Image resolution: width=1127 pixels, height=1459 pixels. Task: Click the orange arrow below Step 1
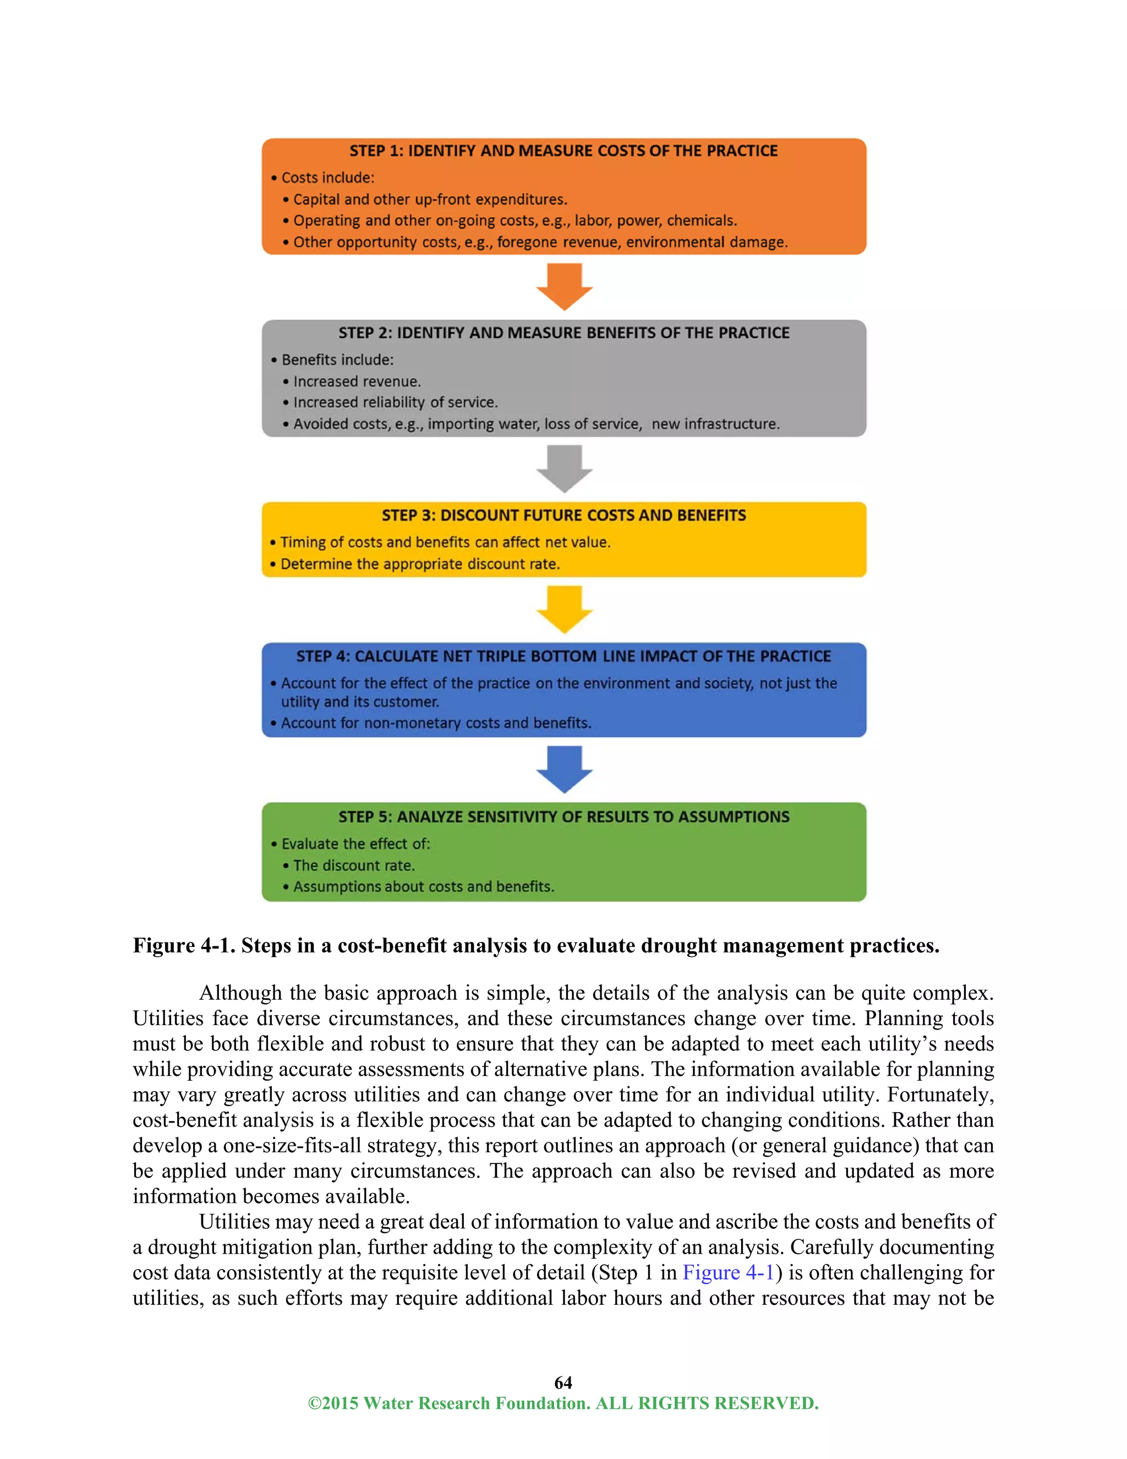pos(564,286)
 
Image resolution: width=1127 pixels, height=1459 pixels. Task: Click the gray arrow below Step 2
pos(564,469)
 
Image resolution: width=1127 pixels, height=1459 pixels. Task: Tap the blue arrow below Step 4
pos(564,769)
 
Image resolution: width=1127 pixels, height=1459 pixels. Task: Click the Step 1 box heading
pos(563,151)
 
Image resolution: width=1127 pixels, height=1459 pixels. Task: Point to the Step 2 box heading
pos(563,333)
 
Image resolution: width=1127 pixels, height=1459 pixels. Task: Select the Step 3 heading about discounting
pos(563,515)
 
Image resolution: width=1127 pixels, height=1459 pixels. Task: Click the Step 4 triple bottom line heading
pos(563,656)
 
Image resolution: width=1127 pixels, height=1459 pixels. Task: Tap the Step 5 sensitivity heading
pos(563,816)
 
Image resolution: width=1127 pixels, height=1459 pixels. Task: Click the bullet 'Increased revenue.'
pos(357,382)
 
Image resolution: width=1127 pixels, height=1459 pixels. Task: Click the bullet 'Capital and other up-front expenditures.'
pos(430,199)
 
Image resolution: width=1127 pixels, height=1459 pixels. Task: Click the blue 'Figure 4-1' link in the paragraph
pos(727,1272)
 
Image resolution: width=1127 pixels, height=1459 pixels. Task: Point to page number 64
pos(563,1382)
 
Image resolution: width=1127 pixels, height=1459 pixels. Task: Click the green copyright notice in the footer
pos(563,1403)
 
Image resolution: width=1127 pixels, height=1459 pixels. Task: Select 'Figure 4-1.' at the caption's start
pos(184,945)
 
